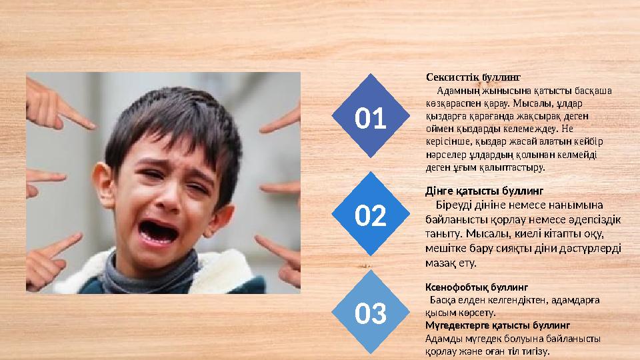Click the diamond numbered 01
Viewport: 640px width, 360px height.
(x=371, y=119)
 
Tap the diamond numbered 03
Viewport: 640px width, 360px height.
(x=371, y=313)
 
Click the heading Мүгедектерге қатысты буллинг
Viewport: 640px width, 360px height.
(x=497, y=325)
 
